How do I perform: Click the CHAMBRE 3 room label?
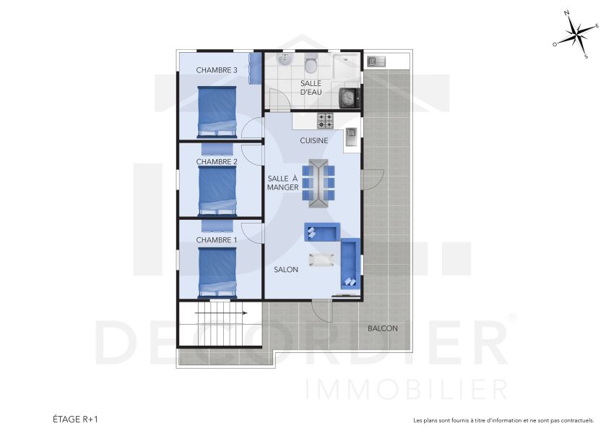(217, 70)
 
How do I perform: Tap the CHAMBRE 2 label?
(217, 162)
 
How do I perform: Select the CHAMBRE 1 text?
(217, 239)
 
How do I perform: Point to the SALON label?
(286, 269)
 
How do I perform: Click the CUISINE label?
(314, 140)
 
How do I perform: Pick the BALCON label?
(382, 328)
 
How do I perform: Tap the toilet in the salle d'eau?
(311, 65)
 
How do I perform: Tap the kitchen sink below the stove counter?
(351, 135)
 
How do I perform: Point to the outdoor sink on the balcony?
(376, 61)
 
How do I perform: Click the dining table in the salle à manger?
(318, 182)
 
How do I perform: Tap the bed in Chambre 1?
(217, 272)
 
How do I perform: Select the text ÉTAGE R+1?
(75, 419)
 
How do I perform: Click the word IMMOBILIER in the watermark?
(407, 388)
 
